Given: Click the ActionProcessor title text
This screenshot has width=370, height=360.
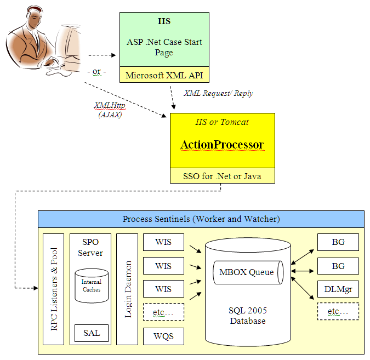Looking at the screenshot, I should point(222,145).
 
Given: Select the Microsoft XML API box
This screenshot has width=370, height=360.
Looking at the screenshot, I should point(164,76).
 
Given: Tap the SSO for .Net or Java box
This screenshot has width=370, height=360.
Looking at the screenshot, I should point(222,175).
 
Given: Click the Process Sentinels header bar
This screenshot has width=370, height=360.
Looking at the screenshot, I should point(201,219).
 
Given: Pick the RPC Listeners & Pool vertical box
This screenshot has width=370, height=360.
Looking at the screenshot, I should point(54,289).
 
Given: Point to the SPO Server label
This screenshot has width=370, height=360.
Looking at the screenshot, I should point(90,247).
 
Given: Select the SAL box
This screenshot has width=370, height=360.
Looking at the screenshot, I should point(91,332).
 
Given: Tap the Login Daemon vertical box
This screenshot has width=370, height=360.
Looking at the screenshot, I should point(127,289).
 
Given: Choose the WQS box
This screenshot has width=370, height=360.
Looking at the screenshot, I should point(163,336).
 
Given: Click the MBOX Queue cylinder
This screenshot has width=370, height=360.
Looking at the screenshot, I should point(247,272).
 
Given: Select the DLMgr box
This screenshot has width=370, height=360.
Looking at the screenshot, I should point(338,289).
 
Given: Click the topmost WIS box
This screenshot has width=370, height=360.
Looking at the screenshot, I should point(163,242).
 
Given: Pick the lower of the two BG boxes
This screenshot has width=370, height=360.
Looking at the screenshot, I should point(338,266).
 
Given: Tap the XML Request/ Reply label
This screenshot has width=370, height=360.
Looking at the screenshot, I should point(218,94).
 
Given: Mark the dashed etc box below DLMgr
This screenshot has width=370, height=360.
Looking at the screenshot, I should point(338,311).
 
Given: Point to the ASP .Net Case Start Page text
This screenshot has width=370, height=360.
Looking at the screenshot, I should point(164,48).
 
